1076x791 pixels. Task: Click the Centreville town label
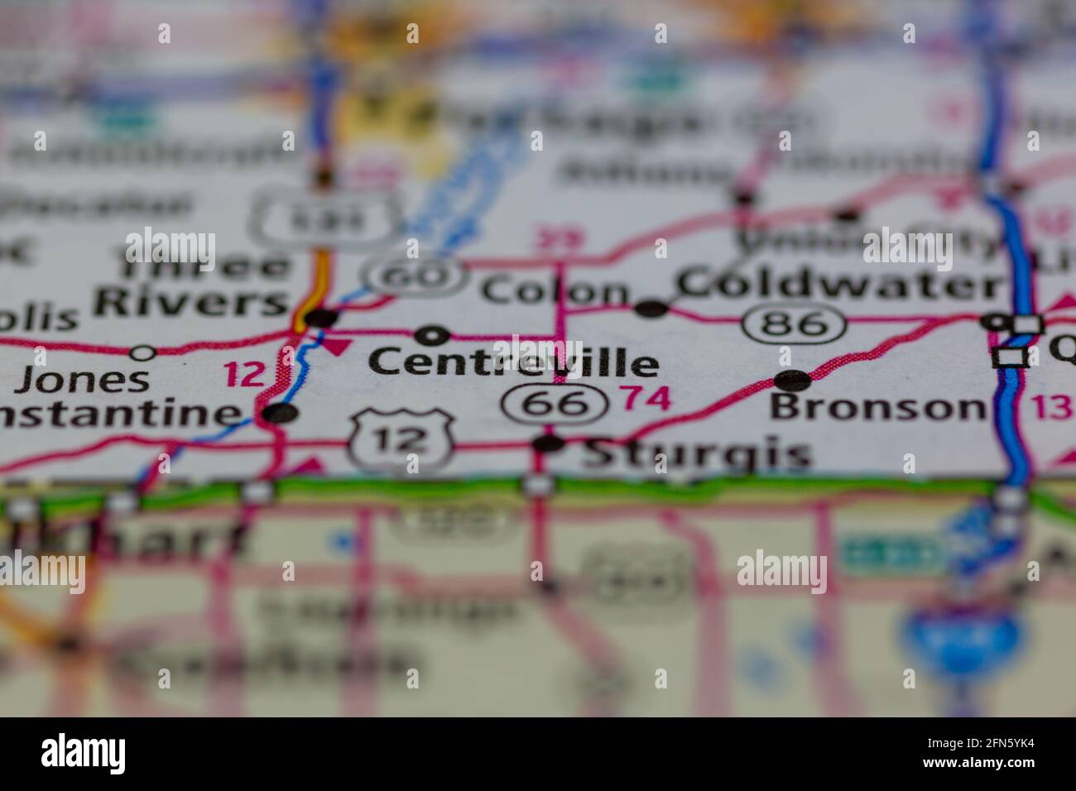tap(513, 362)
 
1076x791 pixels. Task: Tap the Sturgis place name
tap(695, 453)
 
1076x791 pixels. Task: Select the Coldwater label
tap(840, 285)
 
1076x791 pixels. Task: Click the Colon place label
tap(555, 291)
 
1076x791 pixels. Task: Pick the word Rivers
tap(190, 302)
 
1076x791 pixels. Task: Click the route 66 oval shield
tap(555, 403)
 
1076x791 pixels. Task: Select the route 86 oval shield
tap(794, 324)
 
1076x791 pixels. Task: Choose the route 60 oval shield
tap(416, 276)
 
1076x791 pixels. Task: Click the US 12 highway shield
tap(401, 441)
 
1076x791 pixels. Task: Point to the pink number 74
tap(646, 399)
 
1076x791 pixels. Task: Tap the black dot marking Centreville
tap(432, 336)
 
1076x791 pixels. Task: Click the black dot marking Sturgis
tap(548, 444)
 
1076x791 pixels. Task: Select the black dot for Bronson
tap(793, 381)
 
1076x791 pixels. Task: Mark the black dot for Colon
tap(651, 309)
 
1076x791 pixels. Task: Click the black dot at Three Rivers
tap(321, 317)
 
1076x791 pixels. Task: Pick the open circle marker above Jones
tap(144, 353)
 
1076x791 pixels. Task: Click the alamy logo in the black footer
tap(84, 754)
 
